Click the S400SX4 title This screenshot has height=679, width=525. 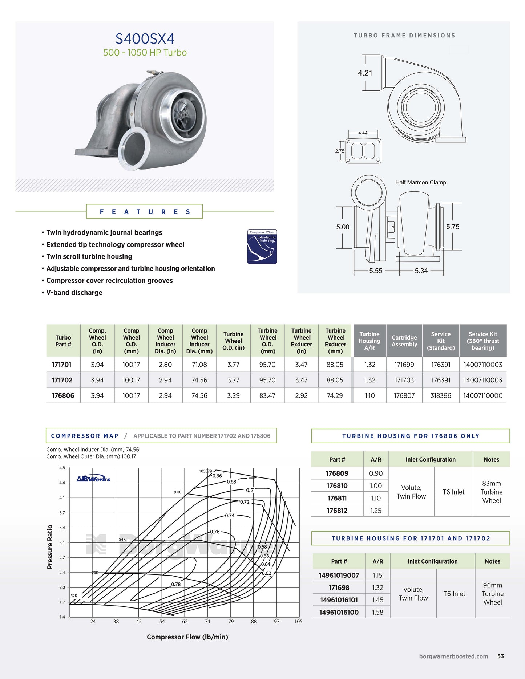point(145,38)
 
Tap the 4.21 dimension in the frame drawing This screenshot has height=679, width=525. point(365,73)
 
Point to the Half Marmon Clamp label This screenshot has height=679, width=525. point(420,182)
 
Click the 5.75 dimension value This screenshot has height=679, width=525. point(453,227)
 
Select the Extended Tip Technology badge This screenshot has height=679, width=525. point(262,247)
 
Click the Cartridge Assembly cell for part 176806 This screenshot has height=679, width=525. point(404,395)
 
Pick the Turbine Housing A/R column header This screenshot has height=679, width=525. point(369,341)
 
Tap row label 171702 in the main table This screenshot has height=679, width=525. point(62,380)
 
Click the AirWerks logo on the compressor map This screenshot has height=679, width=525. point(93,479)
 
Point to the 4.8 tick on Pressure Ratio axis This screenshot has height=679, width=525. point(62,468)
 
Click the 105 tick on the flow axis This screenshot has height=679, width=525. point(298,621)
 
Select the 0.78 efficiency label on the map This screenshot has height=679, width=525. point(176,584)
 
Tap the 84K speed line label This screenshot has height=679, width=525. point(122,539)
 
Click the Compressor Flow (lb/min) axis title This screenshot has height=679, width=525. point(187,637)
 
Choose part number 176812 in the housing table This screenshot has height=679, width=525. point(337,511)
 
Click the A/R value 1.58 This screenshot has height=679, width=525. point(377,612)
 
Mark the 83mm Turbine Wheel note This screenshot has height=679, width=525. point(491,492)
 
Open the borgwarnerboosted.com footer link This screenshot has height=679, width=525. point(453,656)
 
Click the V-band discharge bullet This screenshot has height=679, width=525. point(74,293)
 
